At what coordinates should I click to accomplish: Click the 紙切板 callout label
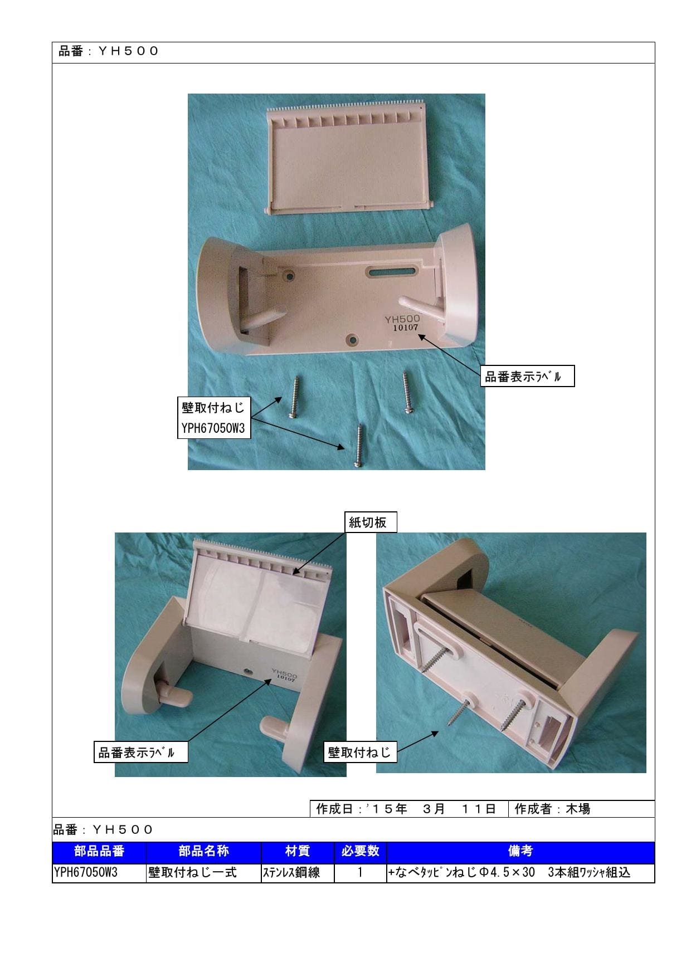click(x=367, y=522)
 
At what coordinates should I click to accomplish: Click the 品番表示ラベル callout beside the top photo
click(x=522, y=377)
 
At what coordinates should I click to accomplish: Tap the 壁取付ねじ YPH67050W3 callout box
click(x=213, y=418)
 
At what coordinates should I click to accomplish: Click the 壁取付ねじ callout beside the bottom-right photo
click(x=359, y=753)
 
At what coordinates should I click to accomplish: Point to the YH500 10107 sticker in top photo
click(x=402, y=323)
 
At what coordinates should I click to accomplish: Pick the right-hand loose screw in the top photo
click(x=408, y=392)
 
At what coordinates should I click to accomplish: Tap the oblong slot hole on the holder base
click(x=391, y=272)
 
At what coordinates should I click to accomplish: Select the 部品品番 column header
click(x=99, y=851)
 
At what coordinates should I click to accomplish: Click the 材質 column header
click(x=298, y=851)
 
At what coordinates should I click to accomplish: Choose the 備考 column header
click(x=520, y=851)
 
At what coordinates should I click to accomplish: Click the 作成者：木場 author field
click(x=581, y=809)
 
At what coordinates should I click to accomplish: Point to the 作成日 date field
click(x=408, y=809)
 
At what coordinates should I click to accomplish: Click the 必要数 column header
click(x=360, y=851)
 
